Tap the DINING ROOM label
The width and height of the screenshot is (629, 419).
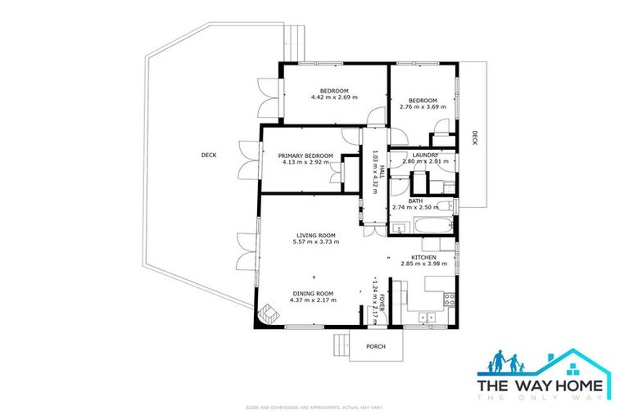pos(312,293)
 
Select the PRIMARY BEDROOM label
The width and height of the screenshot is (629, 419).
pos(305,155)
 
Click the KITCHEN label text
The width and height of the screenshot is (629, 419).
pos(423,257)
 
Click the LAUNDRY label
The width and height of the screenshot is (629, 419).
pos(425,155)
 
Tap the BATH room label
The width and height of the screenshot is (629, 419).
pos(416,200)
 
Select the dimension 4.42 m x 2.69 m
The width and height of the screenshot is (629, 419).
pos(334,97)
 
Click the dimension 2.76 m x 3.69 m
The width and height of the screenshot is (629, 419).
pos(423,106)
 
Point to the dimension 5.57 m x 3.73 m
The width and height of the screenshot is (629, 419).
pos(318,242)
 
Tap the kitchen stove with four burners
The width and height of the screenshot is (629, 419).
pos(449,300)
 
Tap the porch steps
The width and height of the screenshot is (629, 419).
pos(340,345)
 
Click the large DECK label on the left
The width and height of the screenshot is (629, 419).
pos(209,155)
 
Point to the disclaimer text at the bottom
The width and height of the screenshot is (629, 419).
pos(314,407)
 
